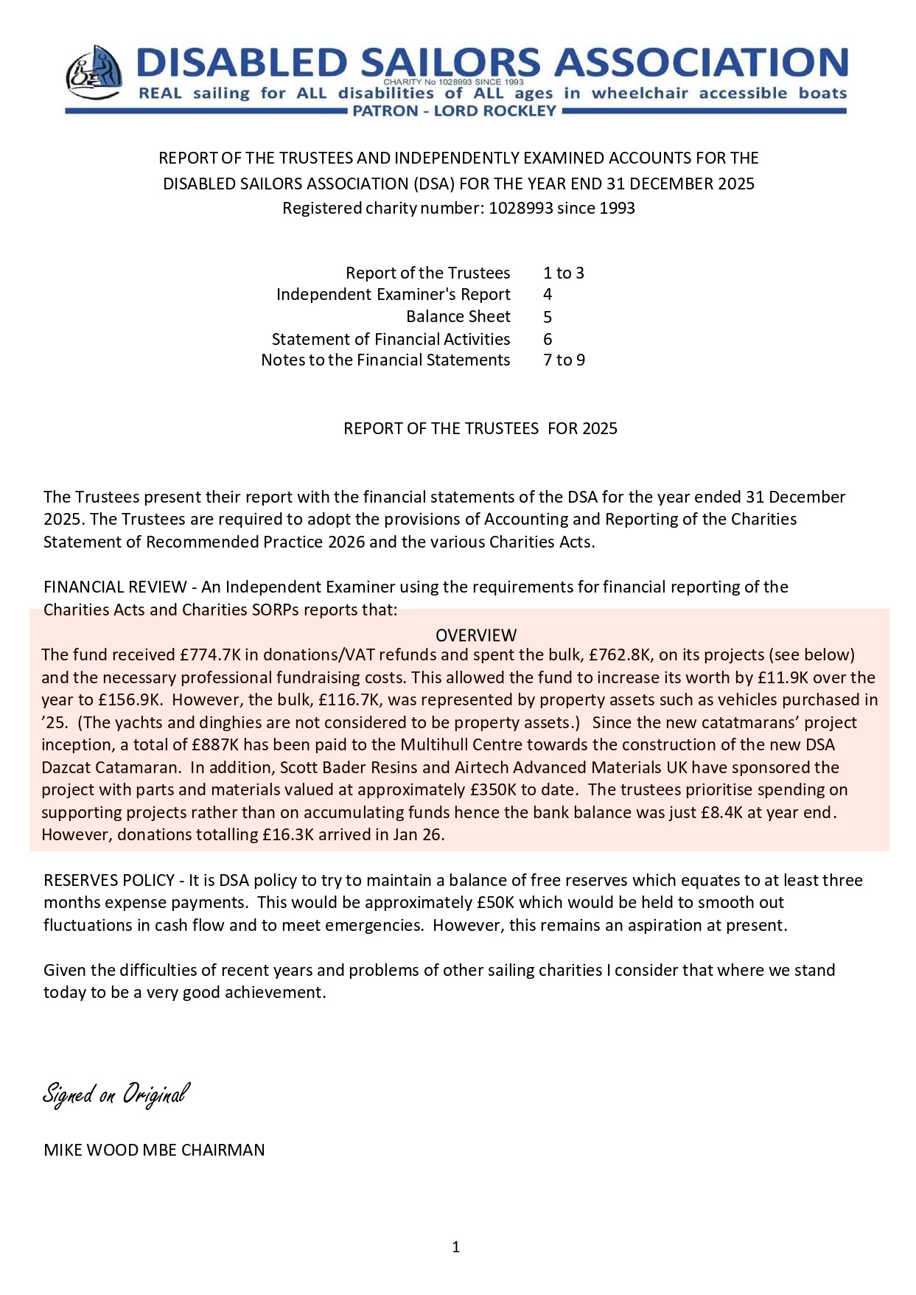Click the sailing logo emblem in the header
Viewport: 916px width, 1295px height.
(x=94, y=73)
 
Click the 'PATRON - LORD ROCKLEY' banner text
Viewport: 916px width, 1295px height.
(x=455, y=111)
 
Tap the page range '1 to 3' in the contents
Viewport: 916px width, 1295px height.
(x=563, y=273)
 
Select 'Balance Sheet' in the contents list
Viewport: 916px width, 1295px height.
(x=458, y=317)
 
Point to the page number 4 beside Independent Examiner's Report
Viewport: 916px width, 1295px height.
(x=548, y=295)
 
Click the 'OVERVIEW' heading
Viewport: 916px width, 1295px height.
(x=476, y=635)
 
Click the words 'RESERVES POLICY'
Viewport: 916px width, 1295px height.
(x=109, y=881)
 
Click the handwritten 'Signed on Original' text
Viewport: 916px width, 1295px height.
(x=116, y=1094)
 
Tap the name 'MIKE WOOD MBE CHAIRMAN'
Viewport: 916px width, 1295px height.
(x=154, y=1151)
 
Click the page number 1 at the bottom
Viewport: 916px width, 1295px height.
(x=456, y=1247)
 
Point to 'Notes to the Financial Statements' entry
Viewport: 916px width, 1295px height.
(x=385, y=360)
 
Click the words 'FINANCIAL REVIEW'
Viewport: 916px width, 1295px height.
(x=115, y=587)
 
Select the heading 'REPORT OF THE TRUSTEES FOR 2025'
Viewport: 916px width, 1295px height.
(x=480, y=429)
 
